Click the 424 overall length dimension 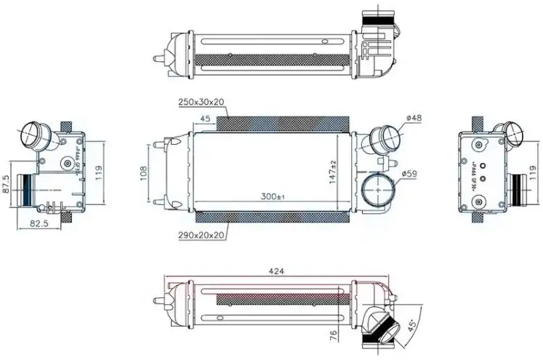[275, 271]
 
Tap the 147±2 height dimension [333, 171]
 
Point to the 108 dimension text [144, 172]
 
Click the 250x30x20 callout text [200, 103]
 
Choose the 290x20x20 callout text [200, 233]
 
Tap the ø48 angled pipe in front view [384, 137]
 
